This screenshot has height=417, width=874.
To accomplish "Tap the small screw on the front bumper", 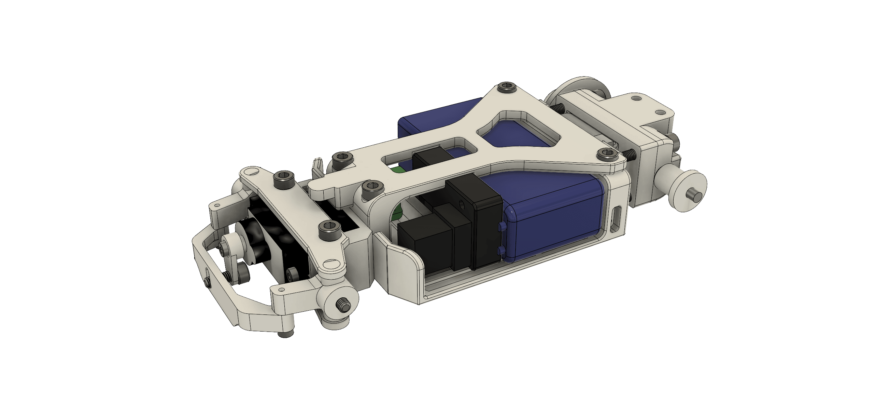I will pos(208,282).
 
